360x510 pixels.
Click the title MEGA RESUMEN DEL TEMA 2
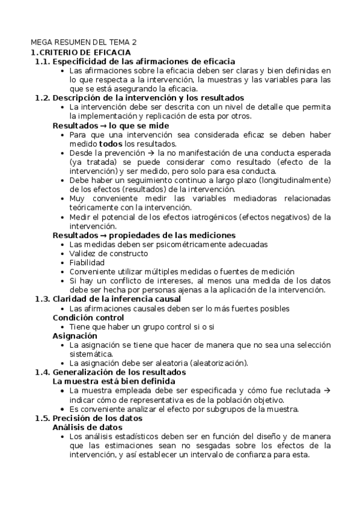pyautogui.click(x=84, y=43)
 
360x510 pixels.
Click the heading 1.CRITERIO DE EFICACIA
pyautogui.click(x=81, y=52)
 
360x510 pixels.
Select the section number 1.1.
pyautogui.click(x=42, y=61)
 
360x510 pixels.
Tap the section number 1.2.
pyautogui.click(x=42, y=97)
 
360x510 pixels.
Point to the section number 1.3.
pyautogui.click(x=42, y=299)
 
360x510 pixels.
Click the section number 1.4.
pyautogui.click(x=42, y=372)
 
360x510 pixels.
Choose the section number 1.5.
pyautogui.click(x=42, y=417)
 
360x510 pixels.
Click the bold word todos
pyautogui.click(x=111, y=144)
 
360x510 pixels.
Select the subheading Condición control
pyautogui.click(x=88, y=317)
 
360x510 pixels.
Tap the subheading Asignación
pyautogui.click(x=75, y=335)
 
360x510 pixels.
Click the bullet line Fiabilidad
pyautogui.click(x=87, y=262)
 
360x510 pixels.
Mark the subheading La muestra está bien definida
pyautogui.click(x=114, y=381)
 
